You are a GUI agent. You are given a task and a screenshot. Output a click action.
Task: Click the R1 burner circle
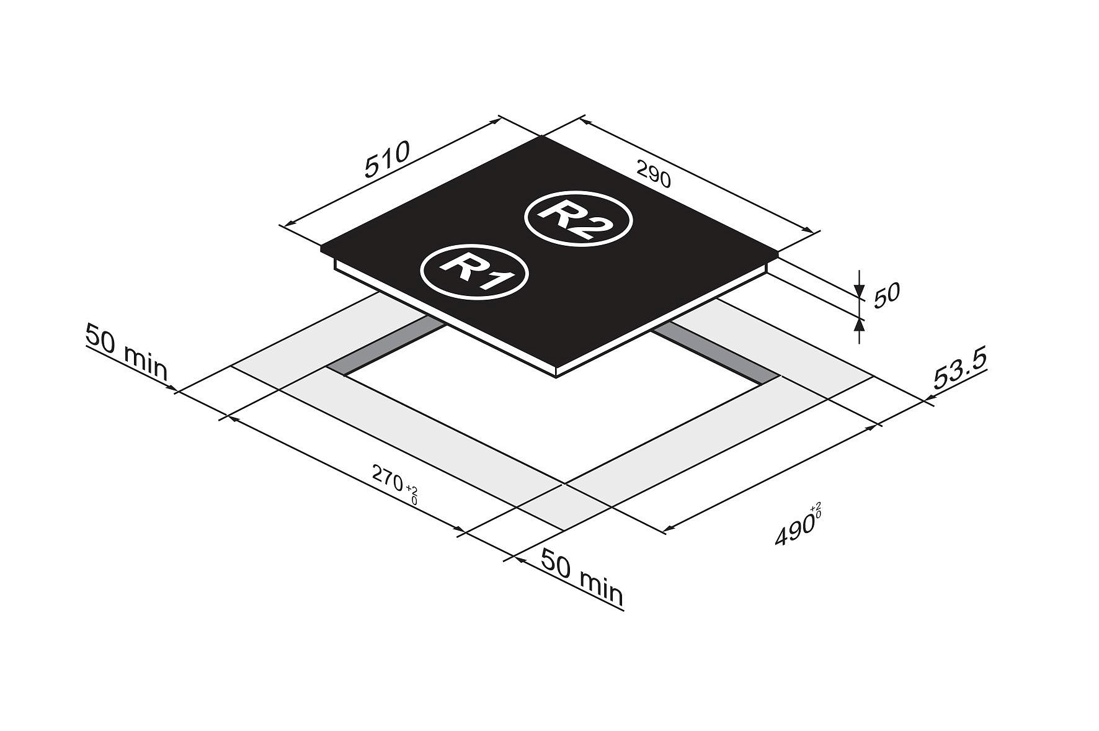click(x=474, y=273)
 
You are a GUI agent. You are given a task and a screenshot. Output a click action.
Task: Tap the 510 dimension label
click(x=387, y=159)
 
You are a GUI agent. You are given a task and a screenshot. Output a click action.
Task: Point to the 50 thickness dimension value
click(x=886, y=295)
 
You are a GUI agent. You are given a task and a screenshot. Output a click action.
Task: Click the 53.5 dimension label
click(x=959, y=371)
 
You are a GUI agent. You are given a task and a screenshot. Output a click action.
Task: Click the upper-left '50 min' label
click(x=127, y=352)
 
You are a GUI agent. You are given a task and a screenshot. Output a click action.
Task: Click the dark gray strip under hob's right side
click(x=713, y=352)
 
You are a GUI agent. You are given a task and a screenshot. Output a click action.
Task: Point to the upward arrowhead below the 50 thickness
click(x=859, y=324)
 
